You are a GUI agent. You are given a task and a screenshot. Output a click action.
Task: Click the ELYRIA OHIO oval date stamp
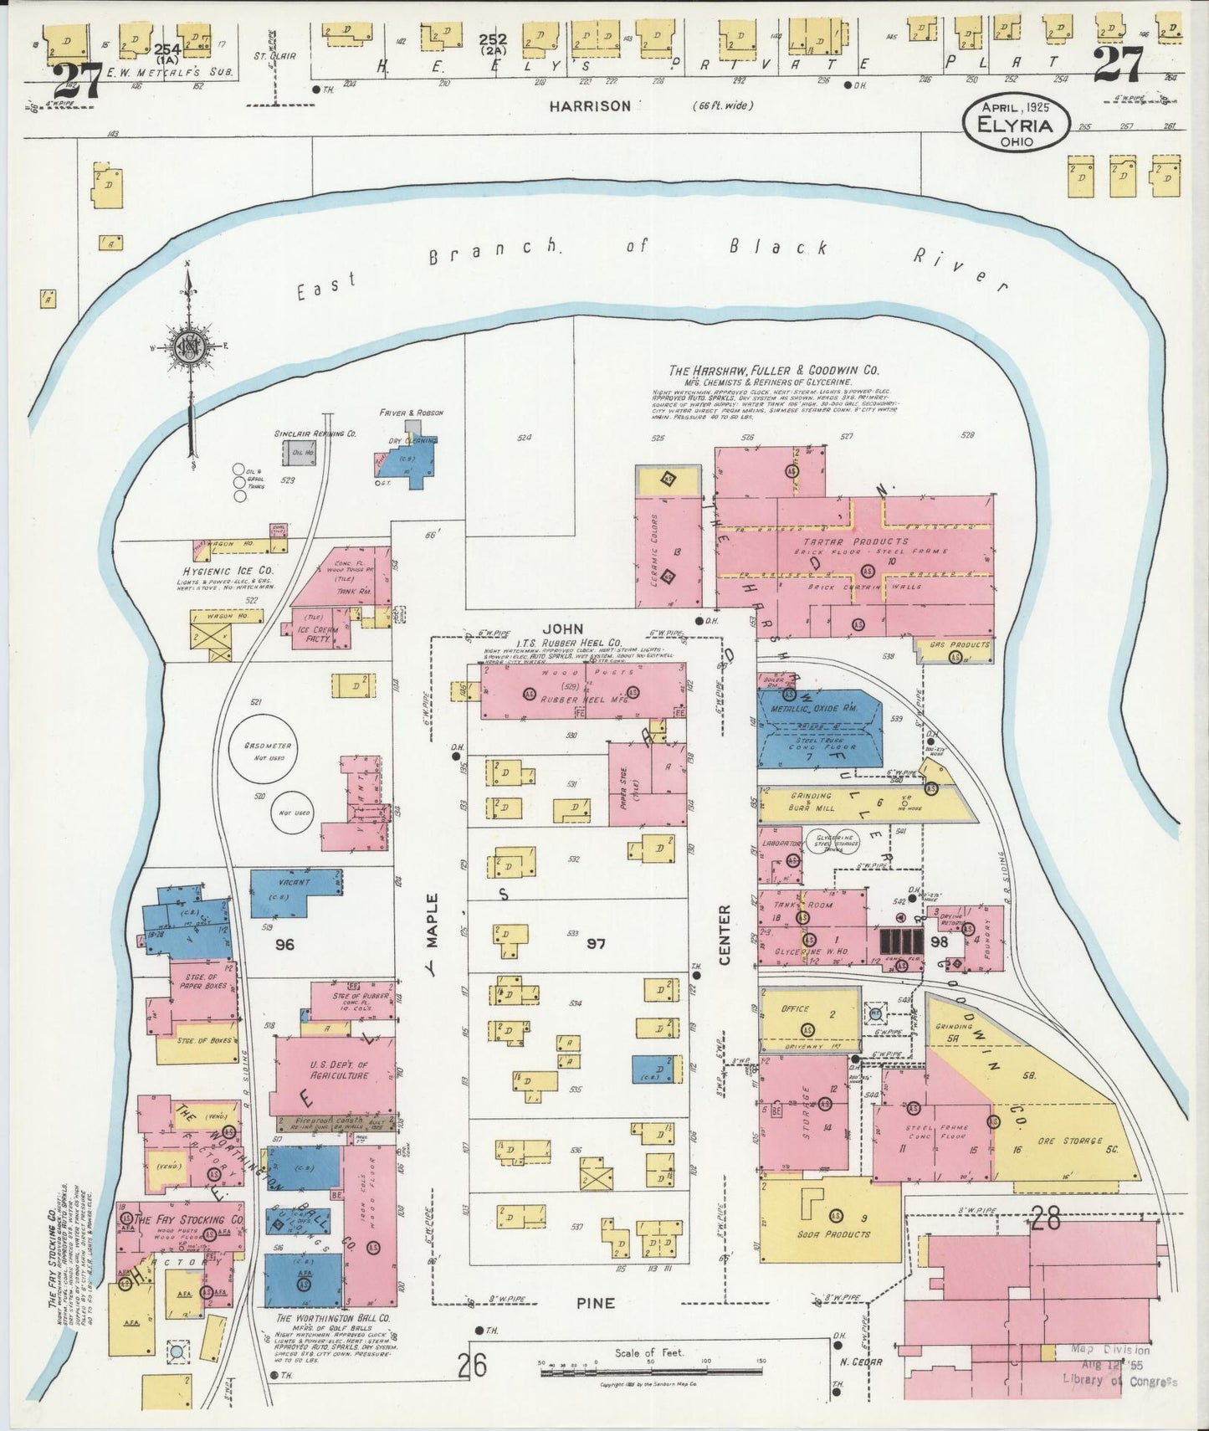(x=1016, y=124)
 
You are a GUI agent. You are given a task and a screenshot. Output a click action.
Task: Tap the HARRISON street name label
(x=590, y=106)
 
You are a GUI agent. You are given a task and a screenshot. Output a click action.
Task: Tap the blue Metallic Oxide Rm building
(x=819, y=729)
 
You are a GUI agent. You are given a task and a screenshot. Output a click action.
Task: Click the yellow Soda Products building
(x=830, y=1219)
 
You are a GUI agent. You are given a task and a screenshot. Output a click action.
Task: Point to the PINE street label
(x=596, y=1303)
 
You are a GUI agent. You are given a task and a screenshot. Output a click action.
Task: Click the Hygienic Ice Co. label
(x=229, y=571)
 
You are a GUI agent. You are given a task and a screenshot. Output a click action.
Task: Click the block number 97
(x=595, y=944)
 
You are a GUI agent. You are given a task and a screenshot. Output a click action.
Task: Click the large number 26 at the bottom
(x=472, y=1366)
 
